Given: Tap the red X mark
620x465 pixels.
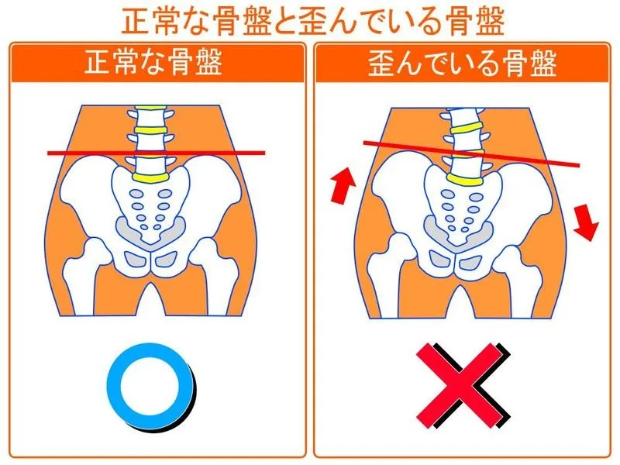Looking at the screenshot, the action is click(460, 386).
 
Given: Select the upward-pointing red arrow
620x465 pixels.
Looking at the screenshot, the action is click(343, 185).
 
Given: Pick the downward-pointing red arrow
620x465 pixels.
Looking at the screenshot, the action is click(586, 222).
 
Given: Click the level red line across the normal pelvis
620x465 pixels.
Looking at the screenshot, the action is click(157, 153).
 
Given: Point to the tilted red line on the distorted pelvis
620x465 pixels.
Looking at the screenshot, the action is click(471, 153).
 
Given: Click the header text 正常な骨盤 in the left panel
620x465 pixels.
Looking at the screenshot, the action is click(153, 63).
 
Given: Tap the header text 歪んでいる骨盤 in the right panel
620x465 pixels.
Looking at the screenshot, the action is click(462, 64).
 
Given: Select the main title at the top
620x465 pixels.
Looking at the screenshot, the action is click(313, 21).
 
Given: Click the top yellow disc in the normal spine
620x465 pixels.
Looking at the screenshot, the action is click(150, 130).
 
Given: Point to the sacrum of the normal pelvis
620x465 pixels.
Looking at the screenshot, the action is click(150, 205).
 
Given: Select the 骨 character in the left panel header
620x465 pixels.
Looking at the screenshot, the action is click(180, 63).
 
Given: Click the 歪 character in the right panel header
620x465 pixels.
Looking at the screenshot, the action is click(381, 64).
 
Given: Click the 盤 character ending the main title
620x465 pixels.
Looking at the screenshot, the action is click(490, 22).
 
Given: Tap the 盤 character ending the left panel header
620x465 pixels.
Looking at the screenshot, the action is click(208, 63).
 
